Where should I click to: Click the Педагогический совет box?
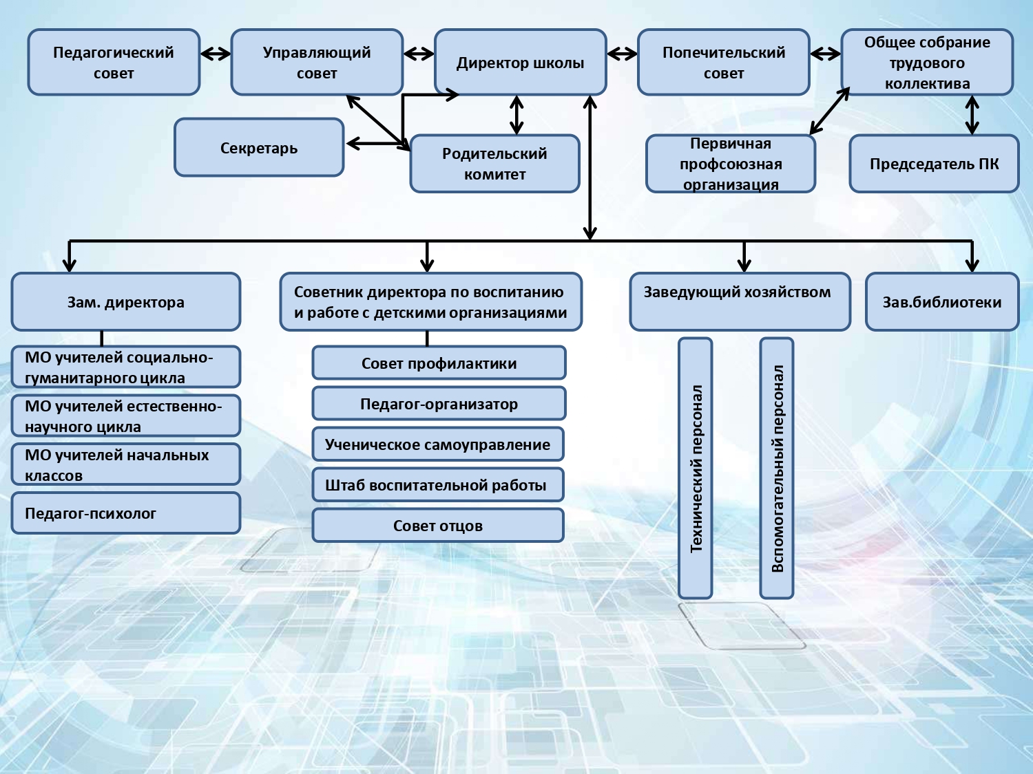click(x=114, y=62)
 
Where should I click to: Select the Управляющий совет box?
click(x=317, y=62)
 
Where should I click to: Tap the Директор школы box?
click(x=520, y=63)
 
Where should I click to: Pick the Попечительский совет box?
click(x=723, y=62)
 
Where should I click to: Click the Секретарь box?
click(x=259, y=148)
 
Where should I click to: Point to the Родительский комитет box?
click(x=494, y=164)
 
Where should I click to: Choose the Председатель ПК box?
click(x=934, y=164)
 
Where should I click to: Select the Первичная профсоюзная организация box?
click(x=731, y=164)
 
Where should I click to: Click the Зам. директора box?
click(x=125, y=302)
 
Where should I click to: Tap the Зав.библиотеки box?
click(x=941, y=302)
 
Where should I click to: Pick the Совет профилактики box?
click(x=439, y=363)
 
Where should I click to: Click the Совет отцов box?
click(x=438, y=526)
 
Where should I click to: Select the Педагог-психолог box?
click(x=125, y=513)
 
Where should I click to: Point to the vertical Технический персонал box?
click(x=696, y=468)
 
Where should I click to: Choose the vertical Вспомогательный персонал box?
click(x=777, y=468)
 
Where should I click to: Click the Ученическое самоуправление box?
click(x=438, y=444)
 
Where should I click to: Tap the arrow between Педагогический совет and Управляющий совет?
click(x=216, y=54)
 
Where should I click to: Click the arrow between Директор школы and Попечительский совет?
click(x=622, y=54)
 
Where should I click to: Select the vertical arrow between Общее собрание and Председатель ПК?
click(x=972, y=114)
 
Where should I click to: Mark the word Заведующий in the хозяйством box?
click(x=684, y=292)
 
